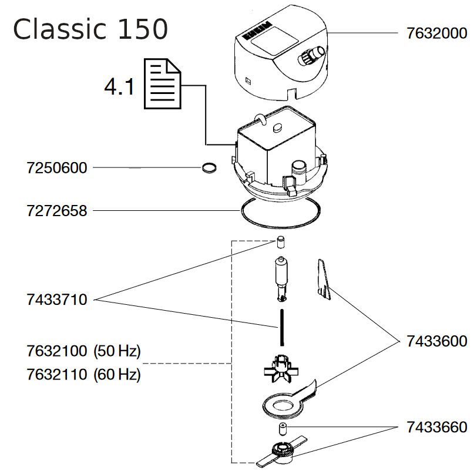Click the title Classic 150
90,29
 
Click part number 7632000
437,34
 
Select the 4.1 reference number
119,88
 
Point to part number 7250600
57,168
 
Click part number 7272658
57,210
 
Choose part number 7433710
57,300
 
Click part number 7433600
437,341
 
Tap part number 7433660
437,427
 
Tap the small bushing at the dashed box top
281,241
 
